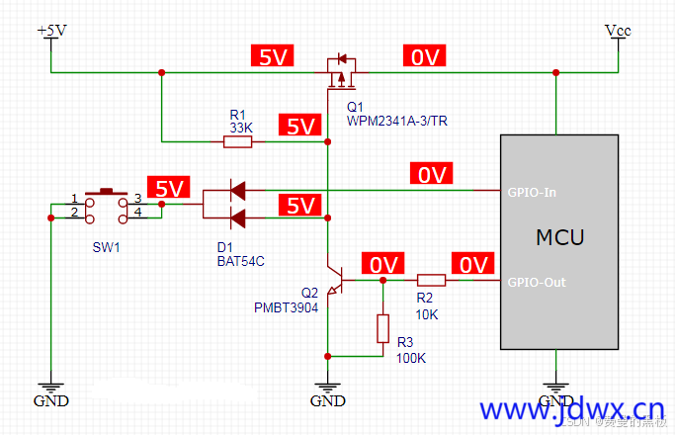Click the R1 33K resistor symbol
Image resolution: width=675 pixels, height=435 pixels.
point(237,142)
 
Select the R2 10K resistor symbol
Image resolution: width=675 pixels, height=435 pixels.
point(431,281)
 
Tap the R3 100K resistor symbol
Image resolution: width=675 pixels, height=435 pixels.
point(383,328)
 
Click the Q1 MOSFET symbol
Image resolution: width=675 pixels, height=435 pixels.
point(341,73)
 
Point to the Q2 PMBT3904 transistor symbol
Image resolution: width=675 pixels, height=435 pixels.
point(333,282)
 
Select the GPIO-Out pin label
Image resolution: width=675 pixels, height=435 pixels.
point(537,283)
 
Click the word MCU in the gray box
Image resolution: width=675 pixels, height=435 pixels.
point(560,237)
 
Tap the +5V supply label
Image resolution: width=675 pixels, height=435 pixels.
point(51,31)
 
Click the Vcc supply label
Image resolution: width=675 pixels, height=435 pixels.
point(618,31)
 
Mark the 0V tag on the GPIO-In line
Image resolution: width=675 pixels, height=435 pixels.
point(432,175)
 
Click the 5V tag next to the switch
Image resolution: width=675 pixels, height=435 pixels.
point(166,188)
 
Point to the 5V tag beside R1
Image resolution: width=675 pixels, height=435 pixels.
point(298,127)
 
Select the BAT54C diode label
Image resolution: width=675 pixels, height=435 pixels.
point(241,261)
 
